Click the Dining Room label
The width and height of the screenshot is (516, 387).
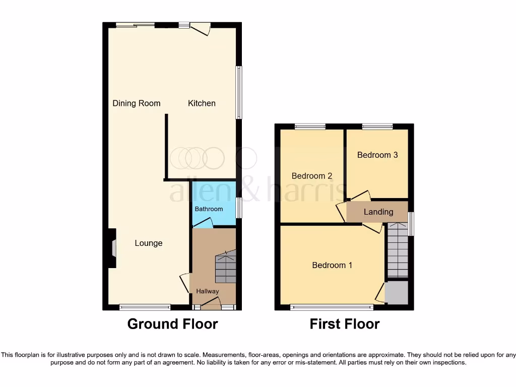point(136,103)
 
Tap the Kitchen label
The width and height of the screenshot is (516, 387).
point(202,103)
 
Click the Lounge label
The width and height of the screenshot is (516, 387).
point(149,243)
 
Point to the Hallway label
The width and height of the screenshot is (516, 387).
point(208,291)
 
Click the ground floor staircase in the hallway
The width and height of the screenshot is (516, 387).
point(225,267)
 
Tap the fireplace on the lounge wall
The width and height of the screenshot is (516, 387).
point(113,248)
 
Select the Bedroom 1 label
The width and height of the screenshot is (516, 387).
point(332,265)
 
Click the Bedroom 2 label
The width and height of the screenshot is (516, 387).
point(312,176)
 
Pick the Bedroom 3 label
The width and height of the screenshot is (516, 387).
point(377,155)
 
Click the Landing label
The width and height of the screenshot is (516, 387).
point(378,212)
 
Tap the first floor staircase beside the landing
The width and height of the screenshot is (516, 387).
point(398,251)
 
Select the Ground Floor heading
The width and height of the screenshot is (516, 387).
point(172,324)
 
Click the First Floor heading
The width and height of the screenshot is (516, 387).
point(345,324)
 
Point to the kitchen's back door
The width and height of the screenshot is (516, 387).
point(200,28)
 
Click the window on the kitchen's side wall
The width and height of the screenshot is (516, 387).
point(239,93)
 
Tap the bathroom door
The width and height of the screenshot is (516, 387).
point(203,223)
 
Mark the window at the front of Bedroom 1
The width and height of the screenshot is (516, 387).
point(332,307)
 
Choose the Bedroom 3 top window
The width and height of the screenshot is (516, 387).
point(377,126)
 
